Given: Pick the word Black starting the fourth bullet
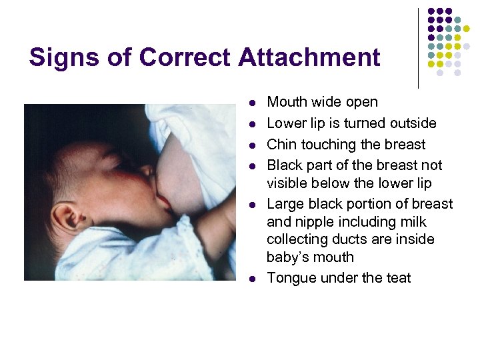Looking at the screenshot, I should click(285, 165).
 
